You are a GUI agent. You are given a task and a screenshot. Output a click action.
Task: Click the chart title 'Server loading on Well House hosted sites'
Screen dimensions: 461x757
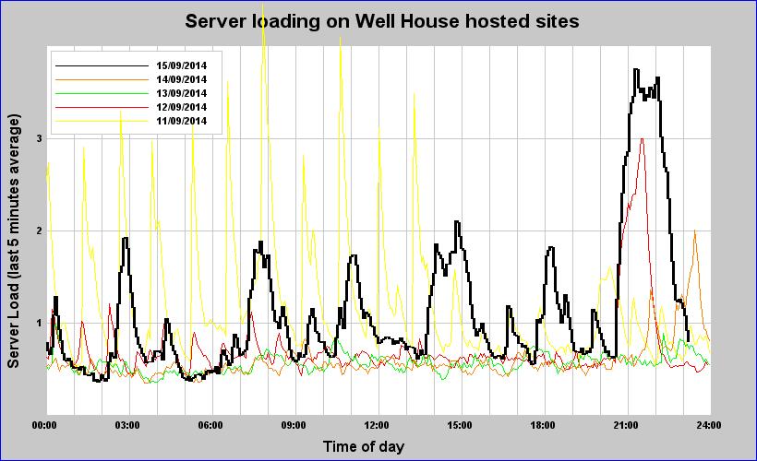point(381,21)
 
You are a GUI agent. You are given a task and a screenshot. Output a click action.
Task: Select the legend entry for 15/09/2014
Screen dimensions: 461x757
point(181,65)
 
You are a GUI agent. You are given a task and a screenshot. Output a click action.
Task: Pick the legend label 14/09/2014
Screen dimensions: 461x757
point(181,79)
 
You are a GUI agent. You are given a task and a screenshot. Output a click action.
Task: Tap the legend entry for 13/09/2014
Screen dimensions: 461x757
point(181,93)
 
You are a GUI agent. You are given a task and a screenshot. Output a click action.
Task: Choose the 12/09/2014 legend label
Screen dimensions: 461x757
point(181,107)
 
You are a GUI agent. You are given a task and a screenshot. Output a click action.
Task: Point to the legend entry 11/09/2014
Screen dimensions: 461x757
point(181,121)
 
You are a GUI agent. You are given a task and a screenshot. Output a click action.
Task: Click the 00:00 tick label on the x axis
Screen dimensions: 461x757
point(44,425)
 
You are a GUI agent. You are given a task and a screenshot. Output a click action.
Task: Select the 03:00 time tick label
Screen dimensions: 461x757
point(127,425)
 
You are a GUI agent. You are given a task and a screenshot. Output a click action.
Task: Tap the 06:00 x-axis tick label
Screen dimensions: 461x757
point(210,425)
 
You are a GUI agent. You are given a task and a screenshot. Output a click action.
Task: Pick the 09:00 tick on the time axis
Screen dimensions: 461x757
point(294,425)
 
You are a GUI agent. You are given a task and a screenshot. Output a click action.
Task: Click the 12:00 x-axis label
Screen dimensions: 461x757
point(377,425)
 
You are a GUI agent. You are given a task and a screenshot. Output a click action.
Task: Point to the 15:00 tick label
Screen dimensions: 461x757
point(460,425)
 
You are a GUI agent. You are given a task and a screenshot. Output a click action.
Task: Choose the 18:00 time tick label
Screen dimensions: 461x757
point(543,425)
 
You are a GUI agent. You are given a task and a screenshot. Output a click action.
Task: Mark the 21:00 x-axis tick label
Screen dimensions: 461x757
point(626,425)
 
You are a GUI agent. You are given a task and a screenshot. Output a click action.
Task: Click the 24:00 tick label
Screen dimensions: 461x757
point(708,425)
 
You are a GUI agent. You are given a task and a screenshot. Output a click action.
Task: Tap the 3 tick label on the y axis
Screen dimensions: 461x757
point(39,138)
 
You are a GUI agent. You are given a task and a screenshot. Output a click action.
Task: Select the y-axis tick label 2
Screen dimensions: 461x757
point(39,230)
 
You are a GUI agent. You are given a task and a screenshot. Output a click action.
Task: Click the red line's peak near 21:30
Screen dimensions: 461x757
point(642,139)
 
